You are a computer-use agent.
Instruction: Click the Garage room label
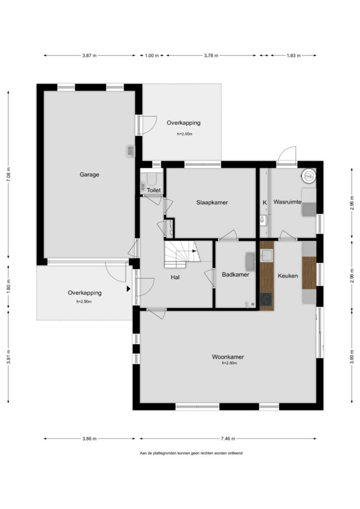click(x=90, y=174)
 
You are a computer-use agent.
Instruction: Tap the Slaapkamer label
click(x=212, y=203)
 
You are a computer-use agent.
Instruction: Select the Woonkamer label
click(x=228, y=357)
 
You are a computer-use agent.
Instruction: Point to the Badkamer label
click(x=235, y=274)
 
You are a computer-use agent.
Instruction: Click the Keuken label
click(x=287, y=276)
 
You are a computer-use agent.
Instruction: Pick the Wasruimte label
click(x=287, y=202)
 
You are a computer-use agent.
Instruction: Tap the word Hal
click(x=175, y=277)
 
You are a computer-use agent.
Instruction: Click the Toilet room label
click(x=154, y=190)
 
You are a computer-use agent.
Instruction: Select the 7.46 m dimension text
click(x=228, y=438)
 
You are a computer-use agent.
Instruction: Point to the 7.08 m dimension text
click(x=8, y=174)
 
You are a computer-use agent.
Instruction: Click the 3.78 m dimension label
click(x=211, y=56)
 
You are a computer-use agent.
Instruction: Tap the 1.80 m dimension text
click(x=8, y=286)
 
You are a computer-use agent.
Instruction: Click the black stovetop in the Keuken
click(x=266, y=299)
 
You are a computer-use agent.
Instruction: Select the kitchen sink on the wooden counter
click(x=267, y=255)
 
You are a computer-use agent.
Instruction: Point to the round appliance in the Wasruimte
click(x=308, y=176)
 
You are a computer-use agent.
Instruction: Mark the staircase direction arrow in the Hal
click(x=194, y=251)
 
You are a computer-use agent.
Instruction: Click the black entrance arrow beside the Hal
click(x=129, y=288)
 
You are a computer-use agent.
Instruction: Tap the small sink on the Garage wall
click(x=130, y=151)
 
